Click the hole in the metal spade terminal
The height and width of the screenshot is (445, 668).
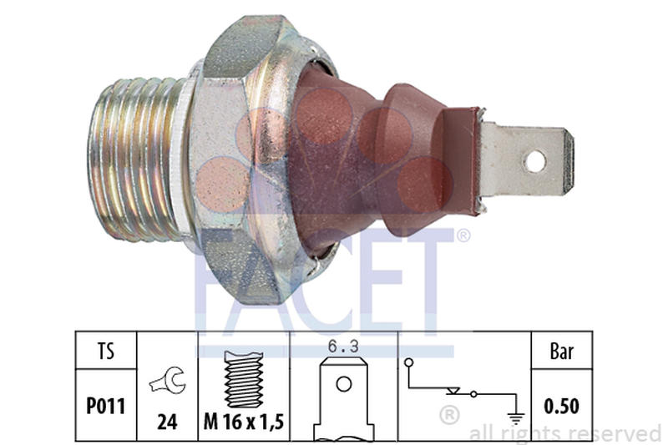534,160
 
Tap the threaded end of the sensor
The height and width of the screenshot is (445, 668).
138,159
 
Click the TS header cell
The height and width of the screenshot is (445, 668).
105,351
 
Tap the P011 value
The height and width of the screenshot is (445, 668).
105,406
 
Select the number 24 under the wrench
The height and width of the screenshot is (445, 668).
168,422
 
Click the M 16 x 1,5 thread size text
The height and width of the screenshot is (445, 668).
244,422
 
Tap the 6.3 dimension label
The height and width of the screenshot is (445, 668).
342,345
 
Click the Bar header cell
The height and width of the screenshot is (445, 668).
563,351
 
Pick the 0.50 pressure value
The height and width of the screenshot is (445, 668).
563,407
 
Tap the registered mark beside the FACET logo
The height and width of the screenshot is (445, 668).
463,236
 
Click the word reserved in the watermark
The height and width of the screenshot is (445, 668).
617,433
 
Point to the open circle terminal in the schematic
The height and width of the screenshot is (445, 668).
410,362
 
